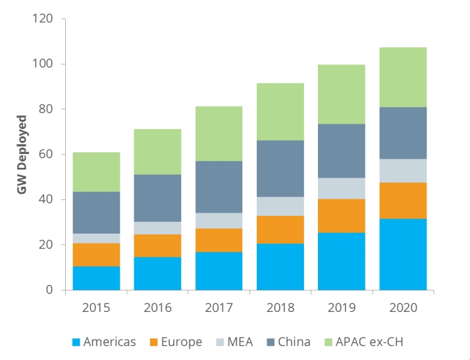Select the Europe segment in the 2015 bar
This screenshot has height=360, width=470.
pyautogui.click(x=96, y=255)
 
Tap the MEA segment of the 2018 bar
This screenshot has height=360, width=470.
pyautogui.click(x=280, y=206)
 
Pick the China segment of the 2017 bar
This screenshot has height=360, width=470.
pyautogui.click(x=219, y=187)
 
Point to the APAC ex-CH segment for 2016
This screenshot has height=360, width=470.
pyautogui.click(x=157, y=151)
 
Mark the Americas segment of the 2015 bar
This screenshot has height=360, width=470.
pyautogui.click(x=96, y=278)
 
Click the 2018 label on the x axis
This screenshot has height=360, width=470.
pyautogui.click(x=280, y=307)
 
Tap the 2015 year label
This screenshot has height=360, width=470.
pyautogui.click(x=96, y=307)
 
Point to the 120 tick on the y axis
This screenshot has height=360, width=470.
pyautogui.click(x=42, y=18)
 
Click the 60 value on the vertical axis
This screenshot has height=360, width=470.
pyautogui.click(x=45, y=154)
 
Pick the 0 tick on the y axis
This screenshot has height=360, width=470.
pyautogui.click(x=48, y=290)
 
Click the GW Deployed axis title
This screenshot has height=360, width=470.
pyautogui.click(x=22, y=154)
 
